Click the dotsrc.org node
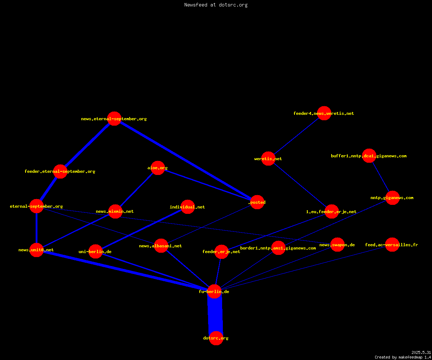(x=216, y=338)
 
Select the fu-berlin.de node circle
(x=214, y=291)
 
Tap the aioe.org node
(x=158, y=168)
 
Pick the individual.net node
(x=188, y=207)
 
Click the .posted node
(x=257, y=202)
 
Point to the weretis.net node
(x=268, y=158)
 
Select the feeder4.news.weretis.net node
(x=324, y=113)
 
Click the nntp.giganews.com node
(x=392, y=198)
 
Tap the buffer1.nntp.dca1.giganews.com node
(x=369, y=156)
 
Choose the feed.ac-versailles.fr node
(x=392, y=244)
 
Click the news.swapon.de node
(x=337, y=244)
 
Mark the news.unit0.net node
(x=36, y=250)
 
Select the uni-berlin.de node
(x=95, y=251)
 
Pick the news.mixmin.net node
(x=115, y=211)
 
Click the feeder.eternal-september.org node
(x=60, y=171)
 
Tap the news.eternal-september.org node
(x=114, y=118)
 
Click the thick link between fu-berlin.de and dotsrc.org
(x=215, y=315)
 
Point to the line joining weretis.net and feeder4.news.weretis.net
(x=296, y=136)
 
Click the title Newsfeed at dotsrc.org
(x=216, y=5)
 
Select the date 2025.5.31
(x=421, y=352)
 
